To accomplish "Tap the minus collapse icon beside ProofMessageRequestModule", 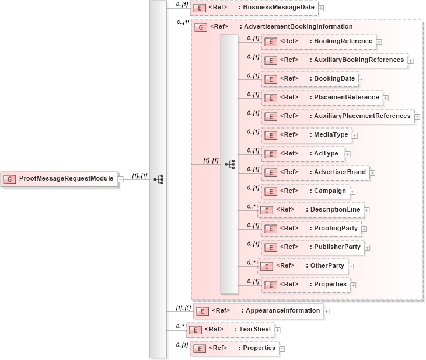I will (121, 179).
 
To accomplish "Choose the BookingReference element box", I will (319, 41).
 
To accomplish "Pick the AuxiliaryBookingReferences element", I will (334, 60).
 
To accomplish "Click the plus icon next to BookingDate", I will (362, 79).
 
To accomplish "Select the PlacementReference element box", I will (322, 98).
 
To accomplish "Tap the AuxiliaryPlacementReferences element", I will (338, 116).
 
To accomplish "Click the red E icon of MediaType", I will (270, 135).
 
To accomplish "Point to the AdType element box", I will (302, 154).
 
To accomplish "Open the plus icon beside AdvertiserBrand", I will (372, 172).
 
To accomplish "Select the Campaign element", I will (305, 191).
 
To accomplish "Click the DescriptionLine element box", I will (311, 210).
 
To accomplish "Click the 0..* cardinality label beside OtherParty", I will (252, 262).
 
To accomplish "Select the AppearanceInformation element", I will (259, 311).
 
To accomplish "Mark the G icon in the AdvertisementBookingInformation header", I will (201, 27).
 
